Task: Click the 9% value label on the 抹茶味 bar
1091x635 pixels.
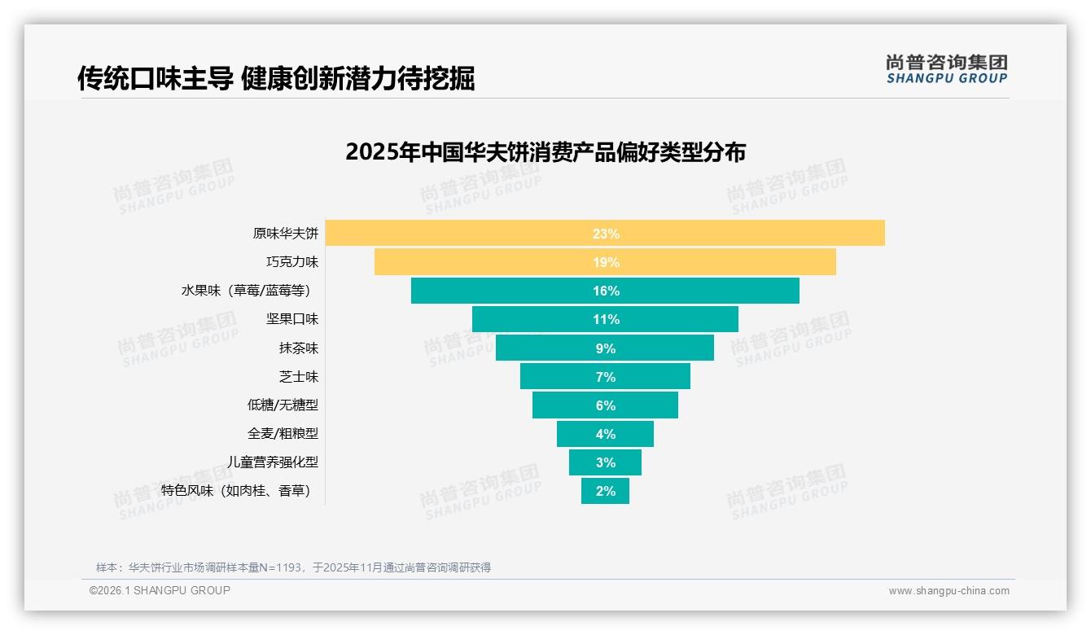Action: point(605,348)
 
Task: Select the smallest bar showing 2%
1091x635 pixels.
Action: point(605,491)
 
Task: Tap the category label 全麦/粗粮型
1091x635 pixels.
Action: point(283,434)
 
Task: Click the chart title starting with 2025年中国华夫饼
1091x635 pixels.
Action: point(545,152)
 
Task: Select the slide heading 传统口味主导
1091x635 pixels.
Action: point(275,78)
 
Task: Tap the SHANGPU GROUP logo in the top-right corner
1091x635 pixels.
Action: point(946,69)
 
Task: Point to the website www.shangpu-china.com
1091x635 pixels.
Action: point(949,591)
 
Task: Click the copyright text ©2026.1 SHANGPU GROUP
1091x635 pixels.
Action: point(160,590)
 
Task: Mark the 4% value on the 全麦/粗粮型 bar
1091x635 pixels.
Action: point(605,434)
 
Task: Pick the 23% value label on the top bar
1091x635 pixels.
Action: point(606,234)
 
